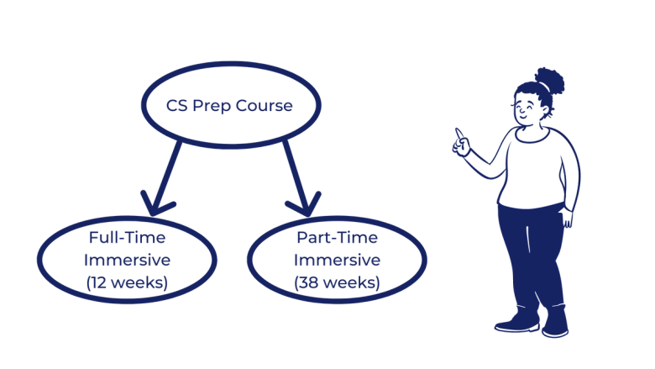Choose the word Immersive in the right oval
[337, 260]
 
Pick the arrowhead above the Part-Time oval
[305, 202]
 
